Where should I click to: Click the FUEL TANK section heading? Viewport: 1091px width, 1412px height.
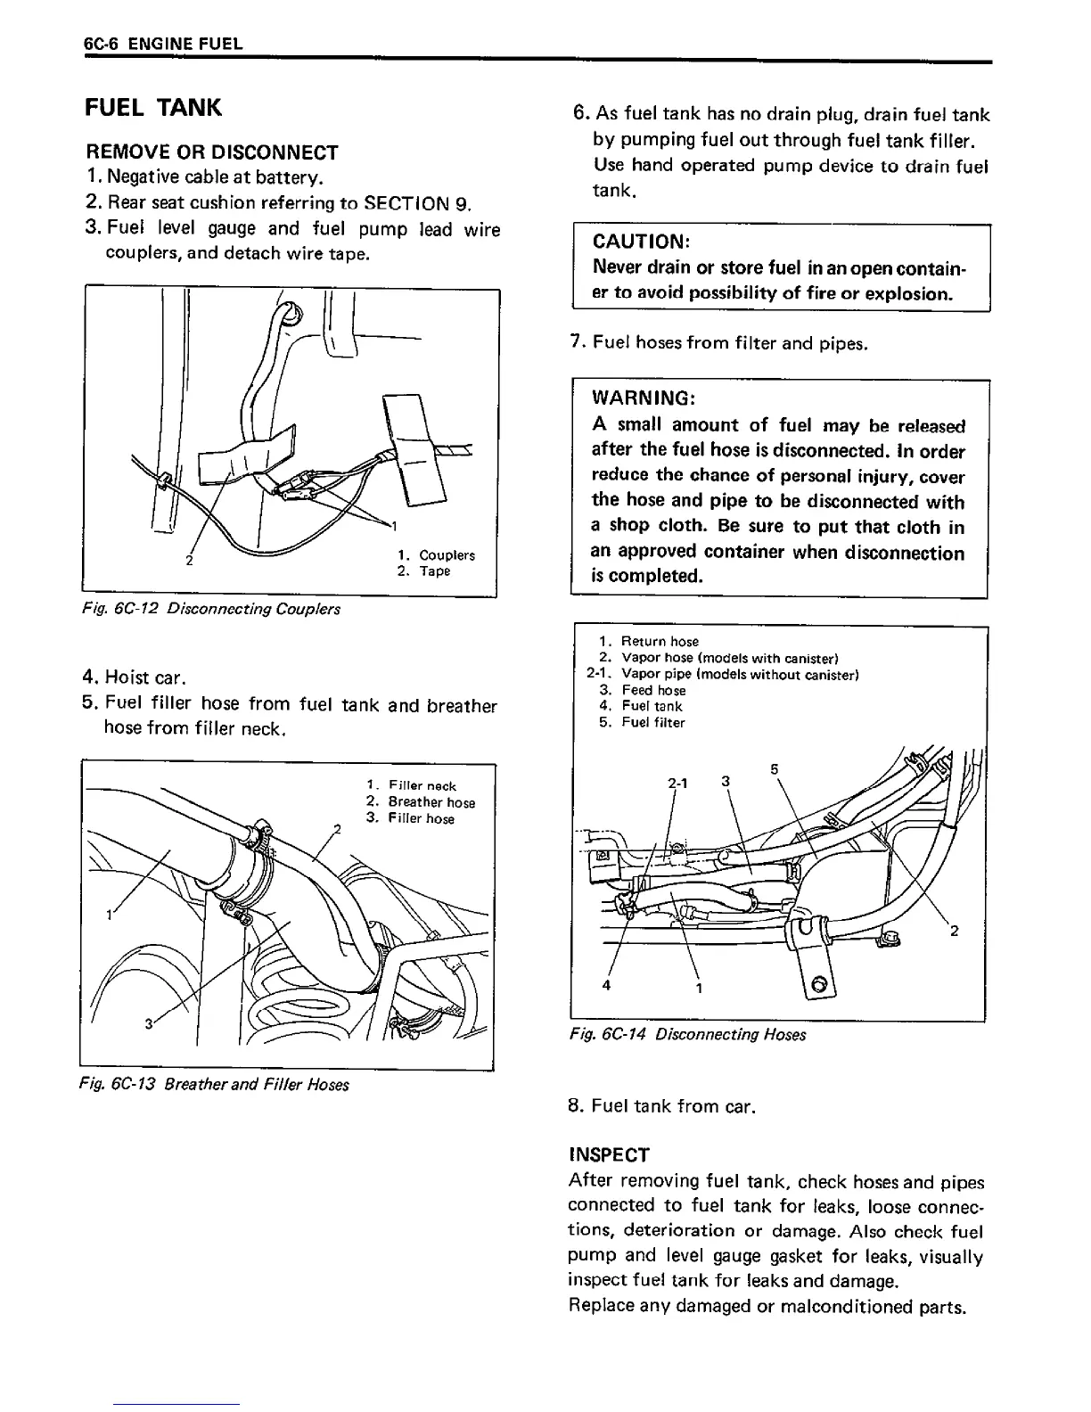tap(152, 108)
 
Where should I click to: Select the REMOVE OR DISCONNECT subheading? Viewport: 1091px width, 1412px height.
tap(212, 152)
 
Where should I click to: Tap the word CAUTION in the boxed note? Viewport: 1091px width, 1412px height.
tap(641, 242)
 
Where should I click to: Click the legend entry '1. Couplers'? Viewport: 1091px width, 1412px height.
tap(436, 555)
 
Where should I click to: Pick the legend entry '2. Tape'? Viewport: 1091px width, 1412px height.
tap(424, 571)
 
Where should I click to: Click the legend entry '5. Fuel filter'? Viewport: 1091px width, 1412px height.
tap(643, 723)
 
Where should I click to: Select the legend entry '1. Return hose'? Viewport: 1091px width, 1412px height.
tap(650, 641)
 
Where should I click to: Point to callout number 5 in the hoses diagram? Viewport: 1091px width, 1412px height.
tap(774, 768)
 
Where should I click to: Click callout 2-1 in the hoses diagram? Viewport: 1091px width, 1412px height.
tap(678, 783)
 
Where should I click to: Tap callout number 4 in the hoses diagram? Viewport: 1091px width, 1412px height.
tap(607, 986)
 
